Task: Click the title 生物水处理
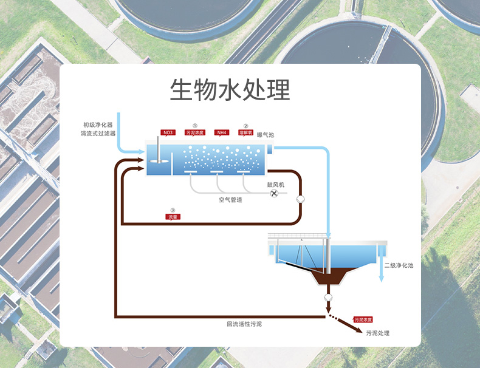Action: pyautogui.click(x=230, y=89)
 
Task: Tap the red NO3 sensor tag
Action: pyautogui.click(x=168, y=132)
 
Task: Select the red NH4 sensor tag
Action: pyautogui.click(x=222, y=132)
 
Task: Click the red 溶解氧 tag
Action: pyautogui.click(x=245, y=132)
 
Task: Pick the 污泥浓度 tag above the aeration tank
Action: pyautogui.click(x=195, y=132)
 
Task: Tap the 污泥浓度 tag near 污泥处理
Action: pyautogui.click(x=363, y=319)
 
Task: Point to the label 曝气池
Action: pyautogui.click(x=266, y=135)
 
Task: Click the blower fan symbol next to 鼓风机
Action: pyautogui.click(x=273, y=193)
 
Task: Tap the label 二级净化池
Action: pyautogui.click(x=399, y=266)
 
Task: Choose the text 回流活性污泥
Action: pyautogui.click(x=244, y=324)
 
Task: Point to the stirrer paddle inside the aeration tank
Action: pyautogui.click(x=157, y=160)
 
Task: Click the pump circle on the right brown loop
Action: pyautogui.click(x=300, y=199)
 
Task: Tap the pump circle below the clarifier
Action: pyautogui.click(x=329, y=298)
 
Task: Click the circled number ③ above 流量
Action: pyautogui.click(x=173, y=210)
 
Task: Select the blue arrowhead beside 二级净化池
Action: pyautogui.click(x=382, y=279)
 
